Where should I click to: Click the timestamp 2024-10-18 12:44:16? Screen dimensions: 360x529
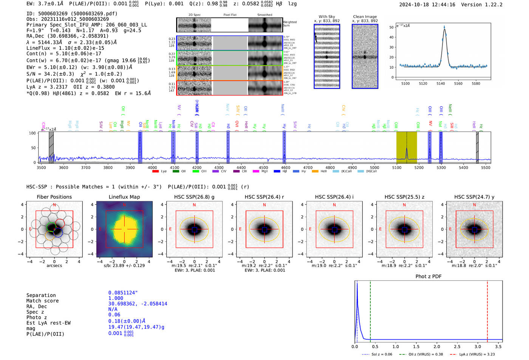click(x=427, y=5)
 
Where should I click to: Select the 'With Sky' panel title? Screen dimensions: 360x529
click(x=326, y=17)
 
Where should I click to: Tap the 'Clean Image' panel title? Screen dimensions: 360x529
click(x=365, y=17)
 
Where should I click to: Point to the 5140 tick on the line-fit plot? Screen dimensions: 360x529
click(x=441, y=83)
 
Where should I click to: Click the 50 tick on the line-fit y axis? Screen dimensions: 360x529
click(x=391, y=27)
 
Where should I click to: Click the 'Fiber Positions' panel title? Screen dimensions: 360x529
click(x=54, y=197)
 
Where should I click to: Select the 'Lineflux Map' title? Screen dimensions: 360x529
click(x=124, y=197)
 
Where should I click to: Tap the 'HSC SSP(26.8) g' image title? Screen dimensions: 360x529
click(x=194, y=197)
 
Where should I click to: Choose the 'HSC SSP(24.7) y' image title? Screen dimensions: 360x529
click(x=474, y=197)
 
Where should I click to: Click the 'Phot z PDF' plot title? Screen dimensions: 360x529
click(x=428, y=277)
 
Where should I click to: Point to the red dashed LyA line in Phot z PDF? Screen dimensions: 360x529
click(x=487, y=310)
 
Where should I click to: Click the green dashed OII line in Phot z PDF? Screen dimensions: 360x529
click(x=370, y=310)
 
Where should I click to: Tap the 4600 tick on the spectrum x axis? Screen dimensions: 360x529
click(x=286, y=168)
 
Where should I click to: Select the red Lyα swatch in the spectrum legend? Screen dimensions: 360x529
click(x=155, y=172)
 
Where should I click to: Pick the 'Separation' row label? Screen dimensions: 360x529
click(x=41, y=295)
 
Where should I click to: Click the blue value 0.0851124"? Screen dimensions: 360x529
click(x=123, y=293)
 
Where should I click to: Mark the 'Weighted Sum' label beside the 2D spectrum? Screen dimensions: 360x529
click(x=289, y=24)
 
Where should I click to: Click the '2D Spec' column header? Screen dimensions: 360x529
click(x=195, y=15)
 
